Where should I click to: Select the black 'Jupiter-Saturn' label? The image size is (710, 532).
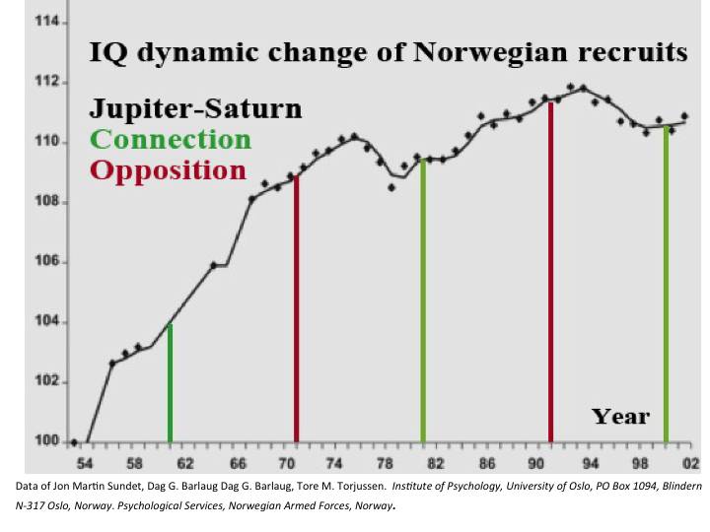pyautogui.click(x=196, y=109)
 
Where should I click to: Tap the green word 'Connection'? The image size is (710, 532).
pyautogui.click(x=172, y=139)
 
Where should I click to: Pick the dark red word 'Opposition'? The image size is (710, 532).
pyautogui.click(x=168, y=169)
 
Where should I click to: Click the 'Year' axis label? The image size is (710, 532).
pyautogui.click(x=620, y=416)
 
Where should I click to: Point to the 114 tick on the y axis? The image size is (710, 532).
pyautogui.click(x=48, y=22)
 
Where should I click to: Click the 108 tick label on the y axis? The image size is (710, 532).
pyautogui.click(x=48, y=203)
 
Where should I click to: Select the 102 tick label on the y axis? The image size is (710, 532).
pyautogui.click(x=48, y=382)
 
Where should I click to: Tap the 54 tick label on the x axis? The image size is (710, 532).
pyautogui.click(x=85, y=462)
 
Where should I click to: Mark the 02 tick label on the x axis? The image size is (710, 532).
pyautogui.click(x=690, y=462)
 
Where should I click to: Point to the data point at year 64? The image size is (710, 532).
pyautogui.click(x=213, y=265)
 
